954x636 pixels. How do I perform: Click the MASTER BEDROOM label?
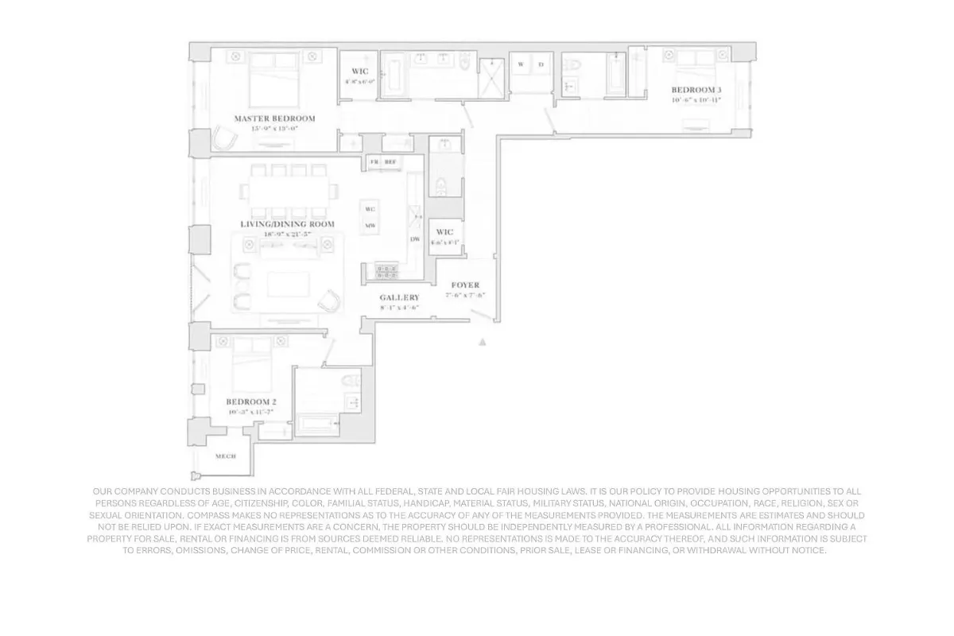(x=274, y=118)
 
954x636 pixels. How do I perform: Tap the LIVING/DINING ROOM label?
(x=287, y=224)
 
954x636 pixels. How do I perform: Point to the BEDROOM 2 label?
(x=251, y=401)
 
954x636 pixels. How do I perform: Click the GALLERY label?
(x=399, y=297)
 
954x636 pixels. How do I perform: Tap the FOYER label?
(x=465, y=285)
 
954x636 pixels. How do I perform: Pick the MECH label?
(x=226, y=456)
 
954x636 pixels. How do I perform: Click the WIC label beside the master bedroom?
(x=359, y=72)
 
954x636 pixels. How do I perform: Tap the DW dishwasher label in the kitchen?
(x=415, y=239)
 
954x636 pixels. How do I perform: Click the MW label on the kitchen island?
(x=370, y=226)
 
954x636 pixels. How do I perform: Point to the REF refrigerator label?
(x=390, y=161)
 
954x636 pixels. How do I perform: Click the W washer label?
(x=521, y=64)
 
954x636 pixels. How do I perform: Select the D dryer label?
(x=541, y=64)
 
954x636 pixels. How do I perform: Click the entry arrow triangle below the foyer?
(x=482, y=342)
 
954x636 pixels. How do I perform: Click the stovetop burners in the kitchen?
(x=387, y=272)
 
